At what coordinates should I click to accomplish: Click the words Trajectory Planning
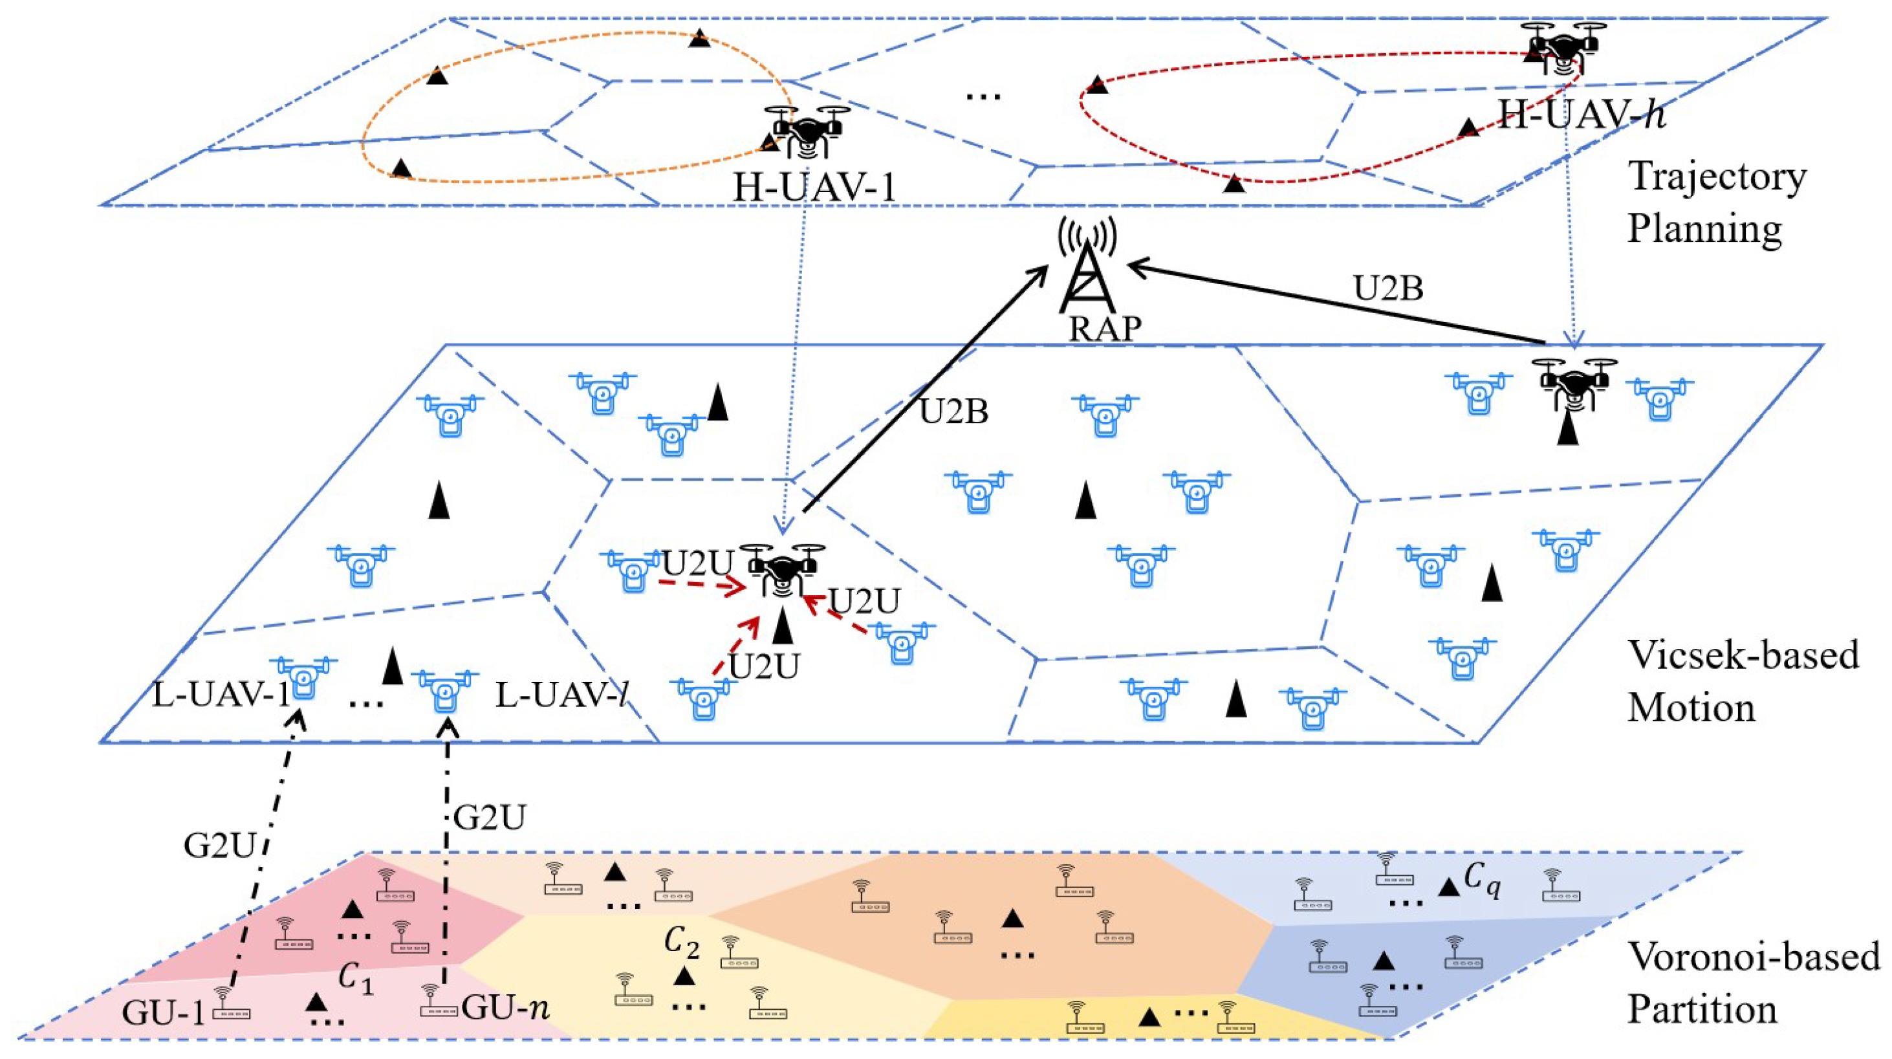tap(1715, 202)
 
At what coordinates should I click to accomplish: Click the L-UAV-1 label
tap(221, 695)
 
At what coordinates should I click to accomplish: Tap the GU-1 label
tap(162, 1014)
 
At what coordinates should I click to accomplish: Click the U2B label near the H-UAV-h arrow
tap(1388, 289)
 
